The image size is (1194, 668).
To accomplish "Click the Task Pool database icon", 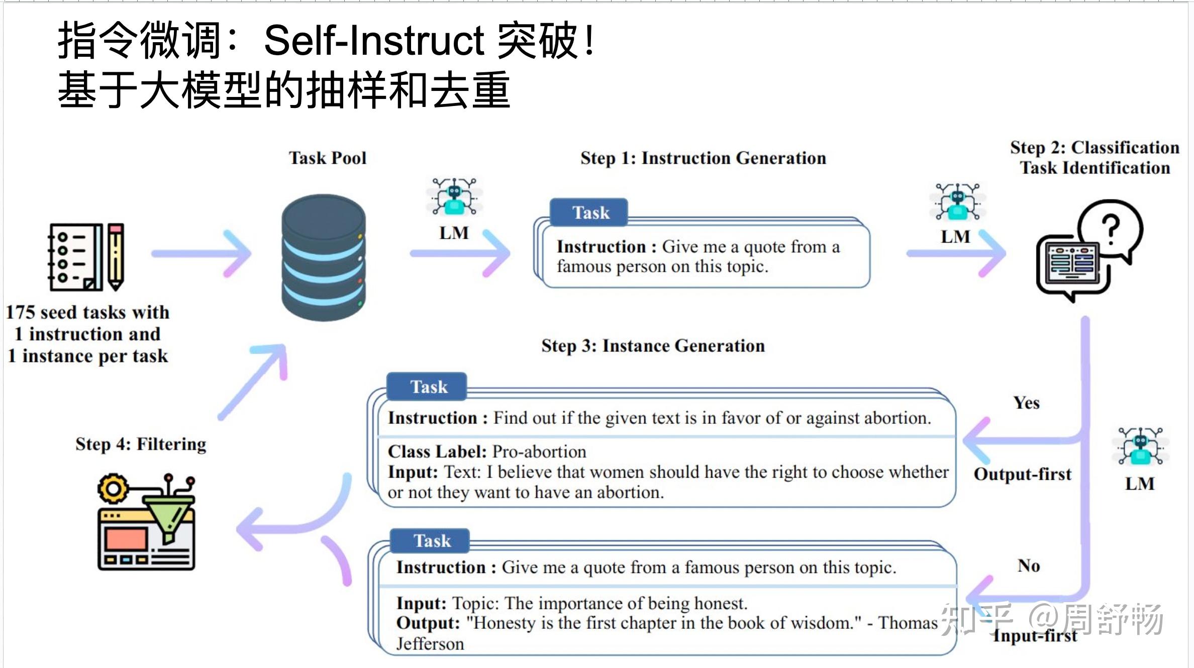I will pyautogui.click(x=323, y=257).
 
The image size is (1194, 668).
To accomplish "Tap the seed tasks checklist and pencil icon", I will pyautogui.click(x=86, y=257).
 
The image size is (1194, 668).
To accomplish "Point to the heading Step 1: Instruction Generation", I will pyautogui.click(x=703, y=158).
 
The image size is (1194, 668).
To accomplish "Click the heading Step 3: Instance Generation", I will pyautogui.click(x=653, y=346).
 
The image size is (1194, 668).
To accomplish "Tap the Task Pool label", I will pyautogui.click(x=327, y=158).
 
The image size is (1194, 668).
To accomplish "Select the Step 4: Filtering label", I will pyautogui.click(x=141, y=444).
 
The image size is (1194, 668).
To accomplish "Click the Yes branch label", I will pyautogui.click(x=1026, y=403).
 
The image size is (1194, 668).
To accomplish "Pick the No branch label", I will pyautogui.click(x=1028, y=566).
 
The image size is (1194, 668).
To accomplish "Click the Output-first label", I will pyautogui.click(x=1022, y=474).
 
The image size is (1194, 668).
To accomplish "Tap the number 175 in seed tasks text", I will pyautogui.click(x=20, y=312).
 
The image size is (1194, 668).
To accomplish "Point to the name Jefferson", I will pyautogui.click(x=430, y=644).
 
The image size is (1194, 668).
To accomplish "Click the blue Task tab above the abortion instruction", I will pyautogui.click(x=428, y=387).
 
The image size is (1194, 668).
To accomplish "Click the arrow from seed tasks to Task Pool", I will pyautogui.click(x=201, y=254).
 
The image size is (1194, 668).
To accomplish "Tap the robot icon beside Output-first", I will pyautogui.click(x=1140, y=446).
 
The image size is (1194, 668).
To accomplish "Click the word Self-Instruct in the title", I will pyautogui.click(x=374, y=40).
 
